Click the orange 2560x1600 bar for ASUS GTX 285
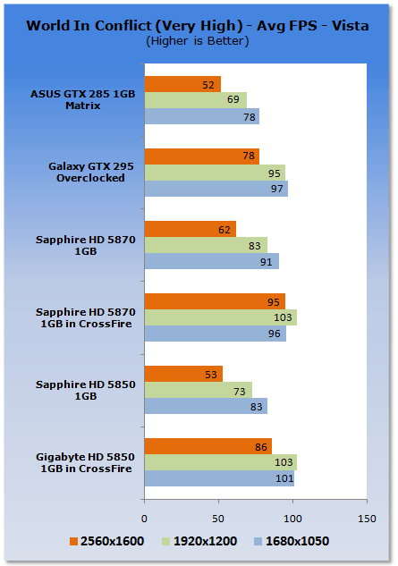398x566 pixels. point(182,84)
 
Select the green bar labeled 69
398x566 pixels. point(196,100)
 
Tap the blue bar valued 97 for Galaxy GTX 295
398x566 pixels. point(216,189)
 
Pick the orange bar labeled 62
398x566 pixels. point(191,229)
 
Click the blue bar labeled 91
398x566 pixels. point(212,261)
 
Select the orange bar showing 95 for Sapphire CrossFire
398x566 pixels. point(215,301)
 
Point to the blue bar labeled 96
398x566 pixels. point(216,334)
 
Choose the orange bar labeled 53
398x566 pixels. point(184,374)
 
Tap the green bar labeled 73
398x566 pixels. point(199,390)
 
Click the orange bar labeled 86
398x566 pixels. point(208,446)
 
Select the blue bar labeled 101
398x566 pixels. point(220,478)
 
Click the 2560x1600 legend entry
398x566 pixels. point(107,541)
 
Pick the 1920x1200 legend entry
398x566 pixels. point(199,541)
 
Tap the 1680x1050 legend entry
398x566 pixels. point(292,541)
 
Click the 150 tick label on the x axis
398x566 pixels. point(367,519)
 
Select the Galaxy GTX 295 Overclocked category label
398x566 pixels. point(91,173)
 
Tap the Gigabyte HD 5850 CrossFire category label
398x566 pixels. point(86,462)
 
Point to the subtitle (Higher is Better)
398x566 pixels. point(198,41)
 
